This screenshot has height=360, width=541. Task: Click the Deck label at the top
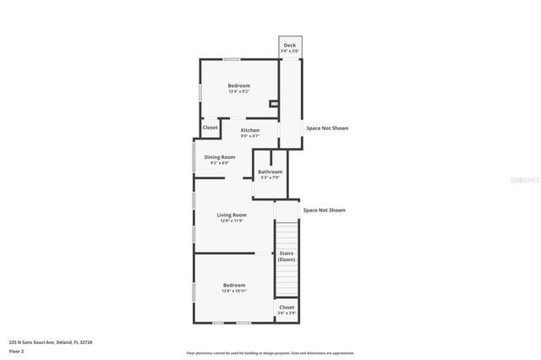[x=290, y=45]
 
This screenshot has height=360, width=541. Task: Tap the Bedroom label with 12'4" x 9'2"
[x=238, y=85]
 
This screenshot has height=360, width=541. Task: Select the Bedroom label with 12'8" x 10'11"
[x=234, y=286]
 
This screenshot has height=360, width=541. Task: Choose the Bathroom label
[x=270, y=172]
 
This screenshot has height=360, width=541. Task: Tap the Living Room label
[x=232, y=215]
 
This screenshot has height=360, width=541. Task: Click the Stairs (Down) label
[x=287, y=256]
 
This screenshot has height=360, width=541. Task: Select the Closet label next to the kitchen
[x=210, y=128]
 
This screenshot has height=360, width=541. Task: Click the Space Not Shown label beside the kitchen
[x=326, y=128]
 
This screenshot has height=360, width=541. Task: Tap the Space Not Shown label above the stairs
[x=324, y=210]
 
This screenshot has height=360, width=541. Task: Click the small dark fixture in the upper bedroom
[x=273, y=104]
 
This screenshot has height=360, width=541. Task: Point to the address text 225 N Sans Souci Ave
[x=51, y=342]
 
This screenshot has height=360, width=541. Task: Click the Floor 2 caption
[x=17, y=351]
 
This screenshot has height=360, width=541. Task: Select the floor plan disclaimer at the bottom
[x=270, y=353]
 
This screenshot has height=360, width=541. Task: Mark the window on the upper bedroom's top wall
[x=231, y=58]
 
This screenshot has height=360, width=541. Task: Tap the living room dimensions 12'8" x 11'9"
[x=232, y=221]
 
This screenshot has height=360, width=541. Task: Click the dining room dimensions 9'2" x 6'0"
[x=220, y=162]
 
